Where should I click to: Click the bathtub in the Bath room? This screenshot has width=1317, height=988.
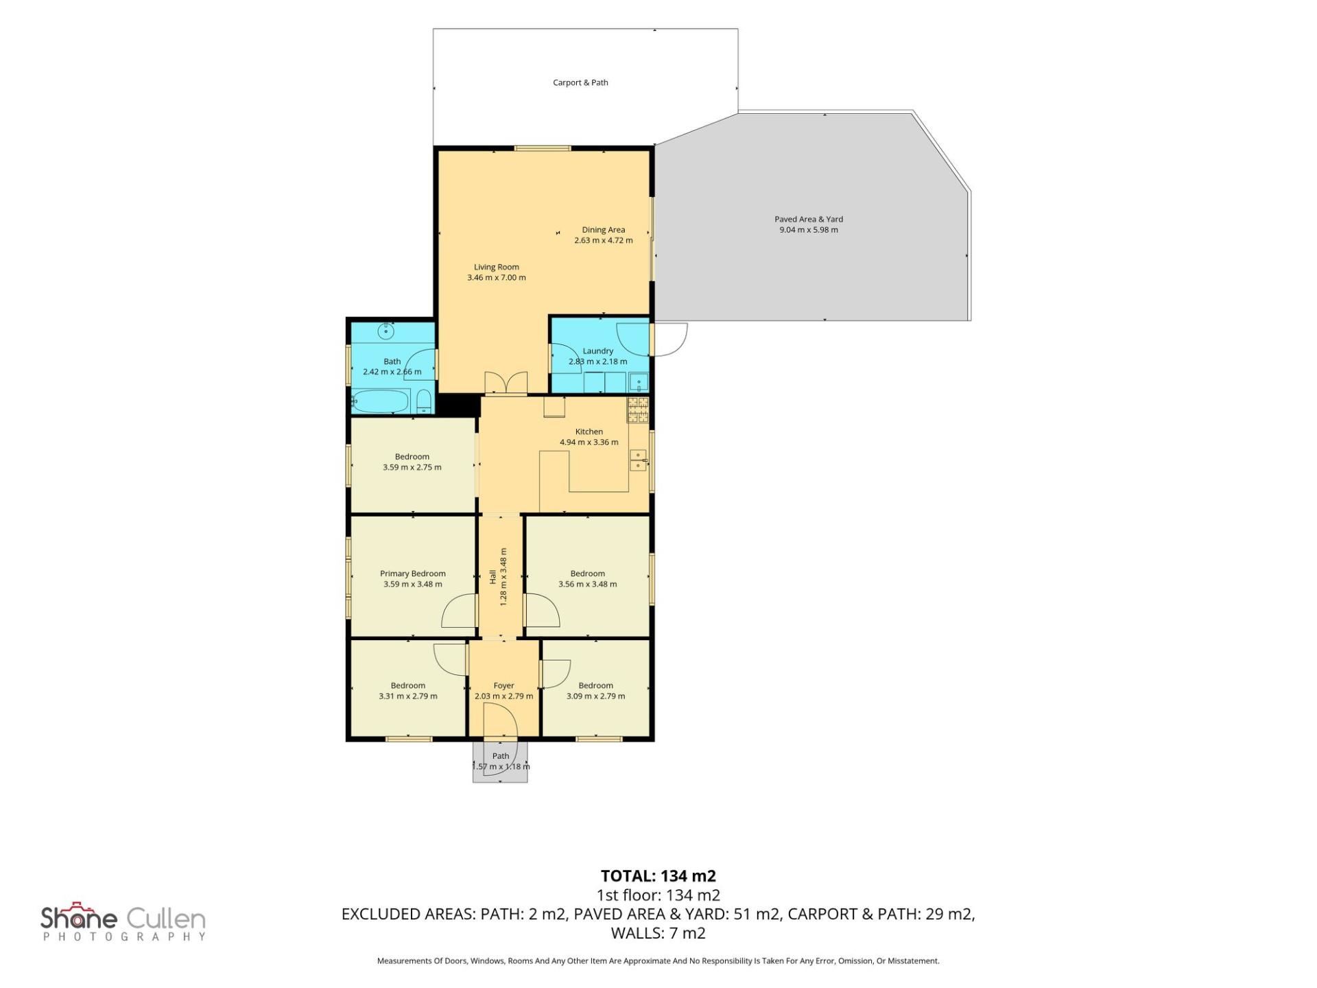381,401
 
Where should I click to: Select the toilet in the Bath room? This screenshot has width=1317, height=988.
424,402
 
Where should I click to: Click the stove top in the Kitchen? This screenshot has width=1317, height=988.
637,410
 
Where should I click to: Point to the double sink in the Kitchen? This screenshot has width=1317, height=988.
639,460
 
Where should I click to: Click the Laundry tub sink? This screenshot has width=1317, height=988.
640,382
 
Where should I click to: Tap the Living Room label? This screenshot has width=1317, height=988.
497,267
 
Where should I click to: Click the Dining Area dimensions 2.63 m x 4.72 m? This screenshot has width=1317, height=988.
604,241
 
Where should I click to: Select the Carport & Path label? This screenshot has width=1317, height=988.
580,82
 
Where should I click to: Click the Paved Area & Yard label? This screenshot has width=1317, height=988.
809,220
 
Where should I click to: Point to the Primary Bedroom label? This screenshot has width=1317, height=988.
413,574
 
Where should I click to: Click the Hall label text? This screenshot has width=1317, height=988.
493,577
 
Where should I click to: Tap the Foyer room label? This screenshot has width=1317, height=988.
503,685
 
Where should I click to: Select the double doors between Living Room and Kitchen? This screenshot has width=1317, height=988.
506,383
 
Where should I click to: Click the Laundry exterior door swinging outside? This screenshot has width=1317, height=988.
669,340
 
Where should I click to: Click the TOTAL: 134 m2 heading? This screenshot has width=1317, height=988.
658,876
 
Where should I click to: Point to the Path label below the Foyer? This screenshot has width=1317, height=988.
501,756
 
